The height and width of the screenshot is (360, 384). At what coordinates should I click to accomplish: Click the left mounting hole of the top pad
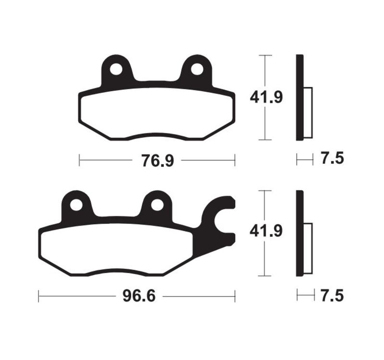click(116, 69)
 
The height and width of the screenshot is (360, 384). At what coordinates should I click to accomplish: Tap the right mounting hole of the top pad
click(196, 69)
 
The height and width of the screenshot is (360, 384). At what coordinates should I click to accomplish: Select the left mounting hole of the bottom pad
click(76, 204)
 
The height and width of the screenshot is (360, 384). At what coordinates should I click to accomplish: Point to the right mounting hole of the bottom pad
click(156, 204)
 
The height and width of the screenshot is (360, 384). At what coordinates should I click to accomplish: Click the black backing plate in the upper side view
click(300, 98)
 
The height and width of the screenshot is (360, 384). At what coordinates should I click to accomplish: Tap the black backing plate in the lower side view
click(300, 233)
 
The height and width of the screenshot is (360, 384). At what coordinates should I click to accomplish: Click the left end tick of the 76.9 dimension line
click(79, 160)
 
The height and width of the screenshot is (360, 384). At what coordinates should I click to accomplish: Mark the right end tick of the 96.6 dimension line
click(235, 296)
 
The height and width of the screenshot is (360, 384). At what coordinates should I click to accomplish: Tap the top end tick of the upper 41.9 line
click(265, 56)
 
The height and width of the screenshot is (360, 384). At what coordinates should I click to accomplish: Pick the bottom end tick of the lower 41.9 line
click(265, 276)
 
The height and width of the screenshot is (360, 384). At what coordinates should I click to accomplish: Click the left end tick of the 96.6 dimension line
click(39, 296)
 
